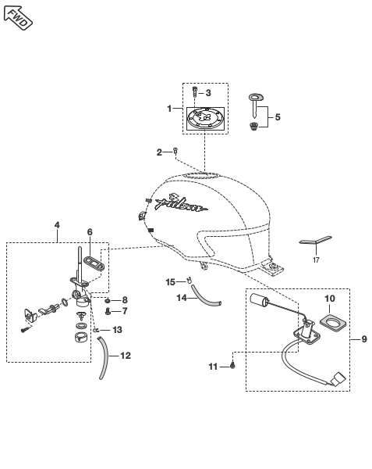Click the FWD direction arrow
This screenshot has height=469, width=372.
[x=18, y=18]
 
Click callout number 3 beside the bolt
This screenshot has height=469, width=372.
[x=208, y=93]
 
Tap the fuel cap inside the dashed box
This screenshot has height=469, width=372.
[x=205, y=119]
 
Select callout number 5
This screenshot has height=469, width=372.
[x=278, y=116]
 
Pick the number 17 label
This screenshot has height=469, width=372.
[x=316, y=260]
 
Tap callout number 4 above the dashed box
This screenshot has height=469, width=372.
[x=57, y=225]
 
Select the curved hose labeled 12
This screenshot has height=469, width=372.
[x=103, y=357]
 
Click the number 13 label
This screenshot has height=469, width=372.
[x=117, y=330]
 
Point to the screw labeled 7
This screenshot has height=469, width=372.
[x=108, y=312]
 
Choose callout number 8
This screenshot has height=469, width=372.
[x=125, y=300]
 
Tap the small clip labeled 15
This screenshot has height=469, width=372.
[x=189, y=281]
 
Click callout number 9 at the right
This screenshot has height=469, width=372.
[x=364, y=339]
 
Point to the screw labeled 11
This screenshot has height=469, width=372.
[x=232, y=365]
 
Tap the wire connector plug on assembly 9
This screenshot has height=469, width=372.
[x=338, y=380]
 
